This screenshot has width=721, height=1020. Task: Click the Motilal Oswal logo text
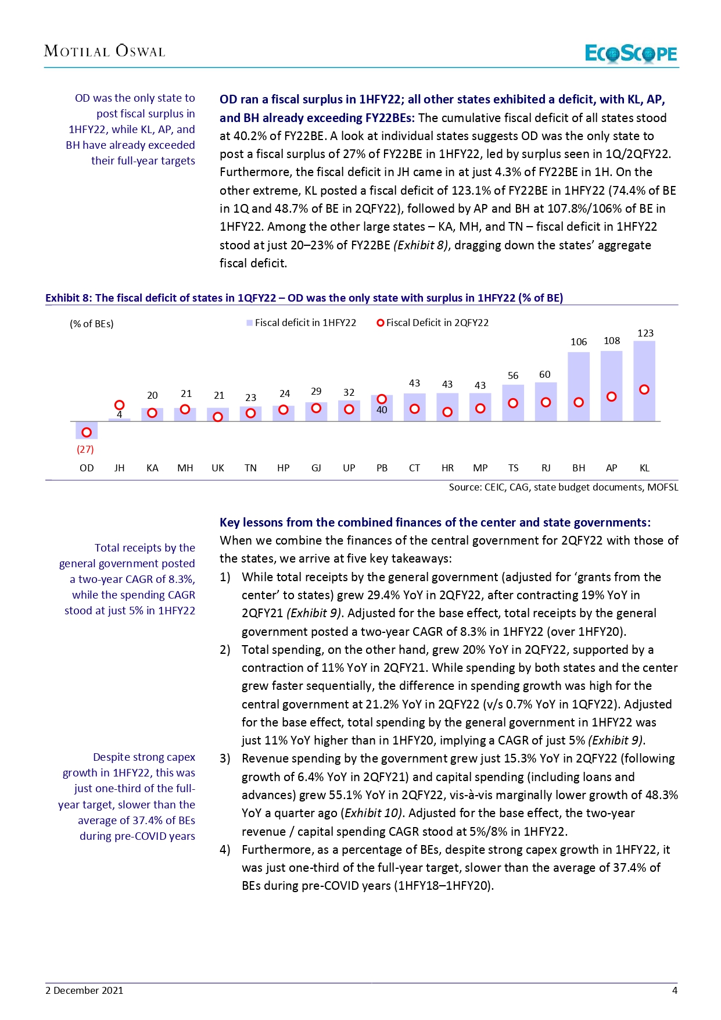[105, 51]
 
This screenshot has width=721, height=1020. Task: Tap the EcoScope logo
[630, 53]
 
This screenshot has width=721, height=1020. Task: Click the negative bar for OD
[87, 430]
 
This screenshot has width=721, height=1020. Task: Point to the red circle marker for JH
[119, 405]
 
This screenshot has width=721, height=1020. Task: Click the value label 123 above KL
[645, 334]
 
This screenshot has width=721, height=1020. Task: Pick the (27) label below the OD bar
[85, 449]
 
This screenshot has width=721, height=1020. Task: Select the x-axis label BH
[579, 468]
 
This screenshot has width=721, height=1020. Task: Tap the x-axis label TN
[250, 468]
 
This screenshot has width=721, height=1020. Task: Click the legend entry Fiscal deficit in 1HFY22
[302, 323]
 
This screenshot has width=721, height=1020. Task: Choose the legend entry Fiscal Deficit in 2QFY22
[433, 323]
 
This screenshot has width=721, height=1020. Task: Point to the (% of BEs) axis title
[92, 324]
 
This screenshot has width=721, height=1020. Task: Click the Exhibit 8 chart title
[304, 298]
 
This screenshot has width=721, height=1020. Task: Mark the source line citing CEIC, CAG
[563, 487]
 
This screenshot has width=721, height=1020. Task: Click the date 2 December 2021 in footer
[84, 990]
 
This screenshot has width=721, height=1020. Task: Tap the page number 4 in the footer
[675, 990]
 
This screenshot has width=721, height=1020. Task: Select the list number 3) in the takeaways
[225, 758]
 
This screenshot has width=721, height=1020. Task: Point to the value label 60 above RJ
[545, 375]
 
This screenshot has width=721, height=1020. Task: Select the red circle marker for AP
[611, 396]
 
